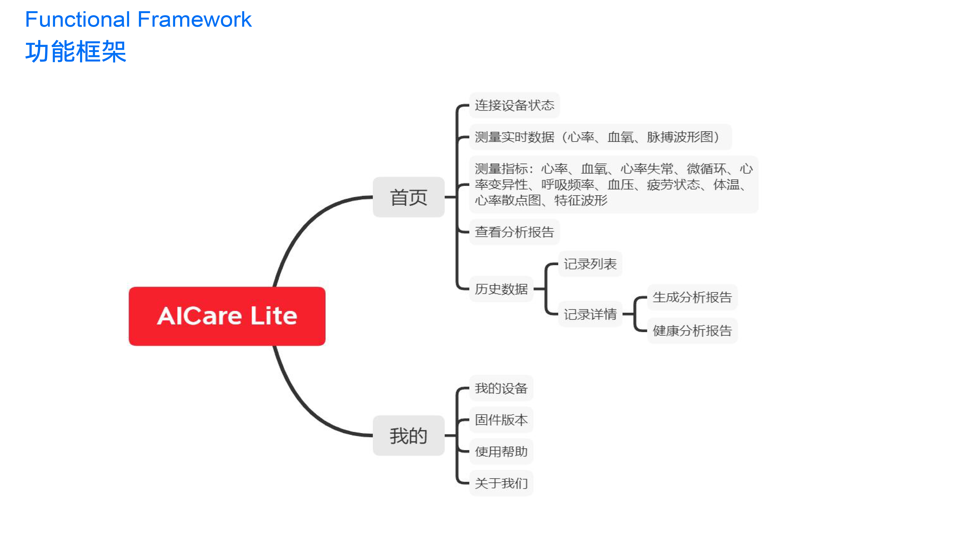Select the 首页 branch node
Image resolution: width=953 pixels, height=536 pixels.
[408, 197]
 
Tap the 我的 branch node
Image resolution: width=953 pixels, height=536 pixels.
[408, 435]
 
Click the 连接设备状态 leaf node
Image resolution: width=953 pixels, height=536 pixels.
[514, 105]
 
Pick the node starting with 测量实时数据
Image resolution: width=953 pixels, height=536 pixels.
[600, 137]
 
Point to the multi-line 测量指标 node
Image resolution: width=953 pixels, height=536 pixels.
[614, 184]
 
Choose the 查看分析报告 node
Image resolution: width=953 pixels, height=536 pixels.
[514, 232]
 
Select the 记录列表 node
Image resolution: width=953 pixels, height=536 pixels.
[590, 264]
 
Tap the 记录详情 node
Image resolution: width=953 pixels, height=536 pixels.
[590, 314]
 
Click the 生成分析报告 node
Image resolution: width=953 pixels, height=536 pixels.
[692, 297]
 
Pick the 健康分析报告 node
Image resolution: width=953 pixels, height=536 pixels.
[692, 330]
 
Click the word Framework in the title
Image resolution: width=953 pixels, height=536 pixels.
[195, 19]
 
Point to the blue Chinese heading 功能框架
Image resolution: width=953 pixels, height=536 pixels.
[76, 51]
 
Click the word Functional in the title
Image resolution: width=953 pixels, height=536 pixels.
[78, 19]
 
